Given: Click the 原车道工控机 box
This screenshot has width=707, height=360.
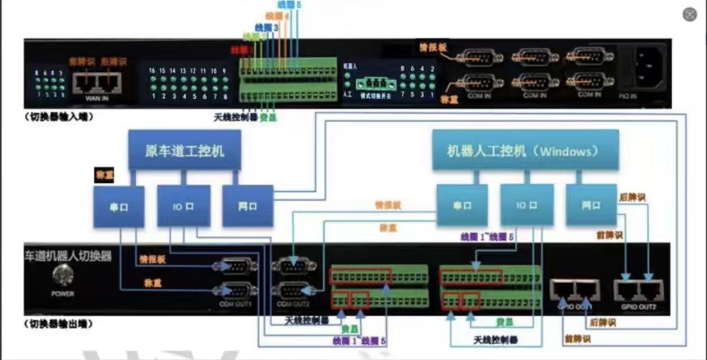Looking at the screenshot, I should coord(185,150).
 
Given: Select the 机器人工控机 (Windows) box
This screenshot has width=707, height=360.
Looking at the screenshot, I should coord(525,150).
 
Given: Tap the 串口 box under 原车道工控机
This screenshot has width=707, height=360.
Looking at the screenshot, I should coord(118,207).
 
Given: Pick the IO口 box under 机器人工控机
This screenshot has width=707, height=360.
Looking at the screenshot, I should coord(526,206).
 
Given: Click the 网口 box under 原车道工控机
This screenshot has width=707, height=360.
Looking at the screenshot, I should coord(247,206).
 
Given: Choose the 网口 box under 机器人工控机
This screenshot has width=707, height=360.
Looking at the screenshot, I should coord(590,206).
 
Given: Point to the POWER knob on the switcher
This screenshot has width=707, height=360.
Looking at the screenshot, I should coord(62,276).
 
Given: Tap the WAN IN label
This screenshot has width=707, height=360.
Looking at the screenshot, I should coord(97,98).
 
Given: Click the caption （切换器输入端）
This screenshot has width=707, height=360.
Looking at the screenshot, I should coord(58,118).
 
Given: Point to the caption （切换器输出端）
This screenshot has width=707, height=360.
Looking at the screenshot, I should coord(58,324).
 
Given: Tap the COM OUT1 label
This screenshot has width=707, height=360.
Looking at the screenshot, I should coord(236,304).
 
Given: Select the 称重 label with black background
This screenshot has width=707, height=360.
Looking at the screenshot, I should coord(104,176).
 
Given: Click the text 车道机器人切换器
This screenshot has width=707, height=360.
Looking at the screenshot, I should coord(68,256).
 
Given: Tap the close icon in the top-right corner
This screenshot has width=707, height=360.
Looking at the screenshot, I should coord(690,15).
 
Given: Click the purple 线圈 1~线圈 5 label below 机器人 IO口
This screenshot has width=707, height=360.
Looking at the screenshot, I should coord(486,237).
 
